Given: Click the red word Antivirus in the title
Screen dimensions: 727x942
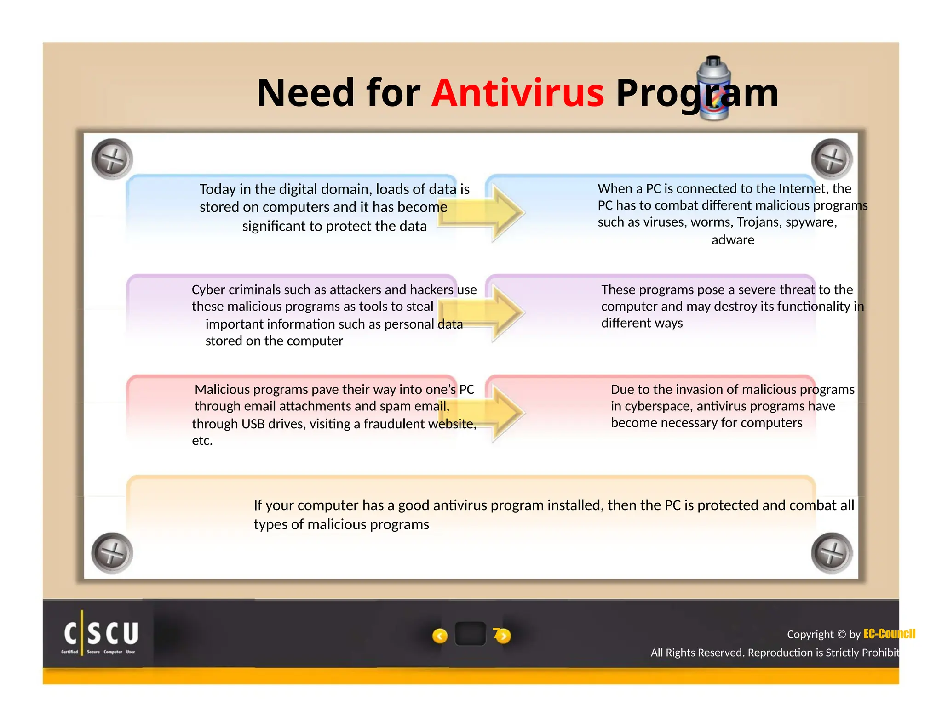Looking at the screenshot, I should coord(517,93).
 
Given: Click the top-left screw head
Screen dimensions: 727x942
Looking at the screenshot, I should coord(112,159).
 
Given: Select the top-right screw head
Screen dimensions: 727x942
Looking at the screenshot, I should coord(832,159).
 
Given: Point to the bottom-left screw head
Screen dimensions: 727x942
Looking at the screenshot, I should coord(112,553).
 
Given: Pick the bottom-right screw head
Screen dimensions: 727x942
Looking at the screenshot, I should coord(832,553).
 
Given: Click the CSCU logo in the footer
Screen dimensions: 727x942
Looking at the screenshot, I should coord(100,635).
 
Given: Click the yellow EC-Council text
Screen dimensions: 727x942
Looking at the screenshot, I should coord(889,634).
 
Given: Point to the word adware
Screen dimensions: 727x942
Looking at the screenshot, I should coord(733,240).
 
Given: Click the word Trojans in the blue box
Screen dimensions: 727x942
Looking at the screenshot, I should coord(757,222).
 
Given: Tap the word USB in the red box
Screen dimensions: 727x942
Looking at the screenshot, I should coord(253,424).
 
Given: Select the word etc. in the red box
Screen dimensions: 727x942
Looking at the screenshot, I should coord(202,441).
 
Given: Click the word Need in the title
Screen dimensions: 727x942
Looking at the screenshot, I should coord(306,93).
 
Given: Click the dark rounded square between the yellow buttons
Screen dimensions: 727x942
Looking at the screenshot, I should coord(470,634).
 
